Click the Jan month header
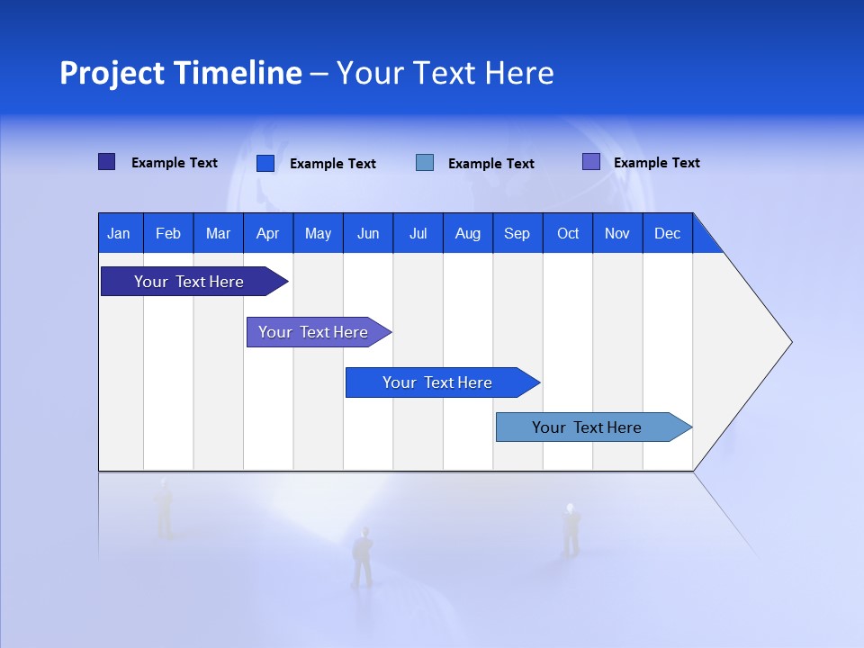[x=119, y=233]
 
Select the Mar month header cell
[x=218, y=233]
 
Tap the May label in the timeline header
[x=318, y=233]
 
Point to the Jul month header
[x=418, y=233]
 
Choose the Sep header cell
[x=517, y=233]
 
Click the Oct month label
[x=568, y=233]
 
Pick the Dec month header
[x=667, y=233]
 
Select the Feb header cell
[x=168, y=233]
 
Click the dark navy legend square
[x=107, y=162]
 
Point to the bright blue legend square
[x=265, y=163]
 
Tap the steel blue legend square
[x=425, y=162]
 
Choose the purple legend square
[x=591, y=162]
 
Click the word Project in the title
[x=112, y=73]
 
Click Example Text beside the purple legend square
[x=656, y=163]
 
